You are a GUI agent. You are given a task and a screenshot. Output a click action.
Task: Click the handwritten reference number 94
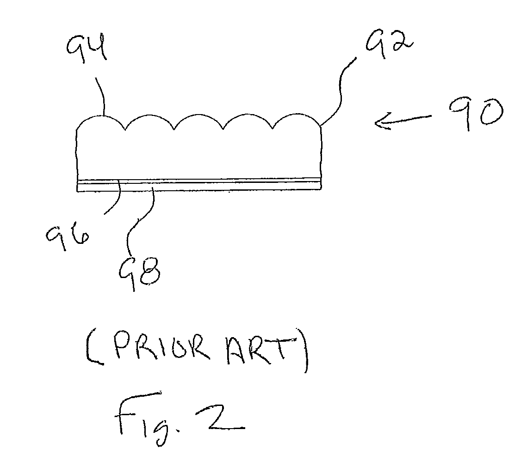87,47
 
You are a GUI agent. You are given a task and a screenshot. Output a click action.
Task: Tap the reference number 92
389,43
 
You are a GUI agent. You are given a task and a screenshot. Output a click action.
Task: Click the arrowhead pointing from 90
381,122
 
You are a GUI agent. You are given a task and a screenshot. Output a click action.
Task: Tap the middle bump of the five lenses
198,115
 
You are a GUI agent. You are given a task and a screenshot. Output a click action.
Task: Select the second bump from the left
149,116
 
